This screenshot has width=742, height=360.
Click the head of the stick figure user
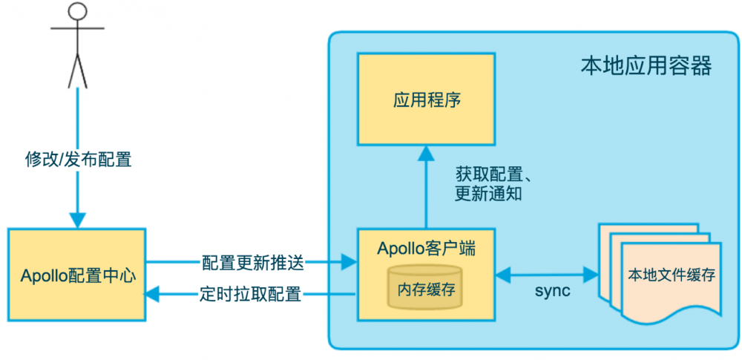(77, 13)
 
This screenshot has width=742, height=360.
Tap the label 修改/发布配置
(77, 159)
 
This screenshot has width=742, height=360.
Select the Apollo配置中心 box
(77, 275)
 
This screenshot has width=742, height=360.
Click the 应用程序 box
(427, 99)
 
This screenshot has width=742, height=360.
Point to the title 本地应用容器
(646, 67)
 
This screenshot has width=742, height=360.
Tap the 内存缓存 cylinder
(426, 288)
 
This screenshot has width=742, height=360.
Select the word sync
(552, 291)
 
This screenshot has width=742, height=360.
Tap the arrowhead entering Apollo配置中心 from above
(77, 220)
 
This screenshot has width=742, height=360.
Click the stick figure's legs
(77, 71)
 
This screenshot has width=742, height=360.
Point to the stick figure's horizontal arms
(77, 28)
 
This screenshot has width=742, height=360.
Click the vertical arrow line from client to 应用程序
(427, 193)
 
